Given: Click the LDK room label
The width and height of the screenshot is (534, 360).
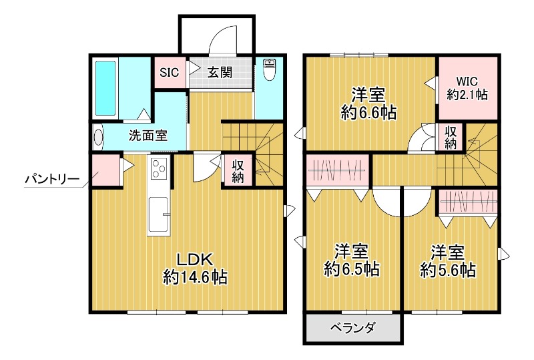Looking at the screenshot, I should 194,258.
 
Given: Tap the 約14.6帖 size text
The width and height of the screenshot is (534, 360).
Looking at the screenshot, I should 194,277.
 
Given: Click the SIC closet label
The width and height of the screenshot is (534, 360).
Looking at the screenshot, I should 169,72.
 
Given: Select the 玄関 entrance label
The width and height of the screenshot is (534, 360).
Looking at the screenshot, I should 219,72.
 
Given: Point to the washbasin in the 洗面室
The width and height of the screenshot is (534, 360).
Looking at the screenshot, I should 99,138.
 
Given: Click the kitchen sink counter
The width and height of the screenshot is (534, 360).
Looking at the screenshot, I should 158,215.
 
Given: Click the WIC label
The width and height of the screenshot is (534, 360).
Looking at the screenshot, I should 467,81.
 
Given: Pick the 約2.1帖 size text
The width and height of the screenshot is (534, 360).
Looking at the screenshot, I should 467,95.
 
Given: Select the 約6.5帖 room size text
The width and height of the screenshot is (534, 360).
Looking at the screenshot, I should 352,270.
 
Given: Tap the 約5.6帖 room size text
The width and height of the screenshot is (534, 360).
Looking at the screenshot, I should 448,270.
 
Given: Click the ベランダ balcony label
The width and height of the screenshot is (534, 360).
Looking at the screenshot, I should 353,328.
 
